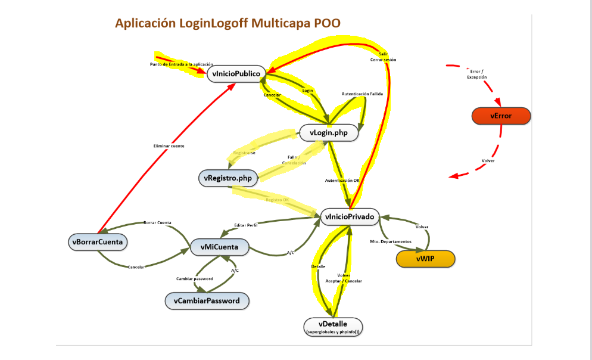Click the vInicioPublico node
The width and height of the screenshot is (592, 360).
(235, 74)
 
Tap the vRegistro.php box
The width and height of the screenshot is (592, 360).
(228, 178)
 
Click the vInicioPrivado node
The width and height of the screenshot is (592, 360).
(350, 218)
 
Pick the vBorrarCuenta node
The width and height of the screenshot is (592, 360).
(98, 242)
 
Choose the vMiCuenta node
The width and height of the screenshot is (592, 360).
(220, 247)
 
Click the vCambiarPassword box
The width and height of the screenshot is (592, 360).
(207, 301)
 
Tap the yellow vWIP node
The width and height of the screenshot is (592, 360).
(425, 259)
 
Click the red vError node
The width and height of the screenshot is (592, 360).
(500, 116)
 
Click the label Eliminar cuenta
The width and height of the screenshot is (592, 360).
(169, 146)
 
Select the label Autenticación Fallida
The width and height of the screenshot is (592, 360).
(362, 94)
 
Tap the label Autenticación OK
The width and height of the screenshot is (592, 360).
(342, 180)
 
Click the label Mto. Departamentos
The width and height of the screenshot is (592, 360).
(391, 241)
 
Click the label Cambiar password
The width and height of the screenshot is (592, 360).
(194, 279)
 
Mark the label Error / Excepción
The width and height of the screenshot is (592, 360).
(476, 75)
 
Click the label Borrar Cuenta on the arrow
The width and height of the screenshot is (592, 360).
(157, 222)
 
